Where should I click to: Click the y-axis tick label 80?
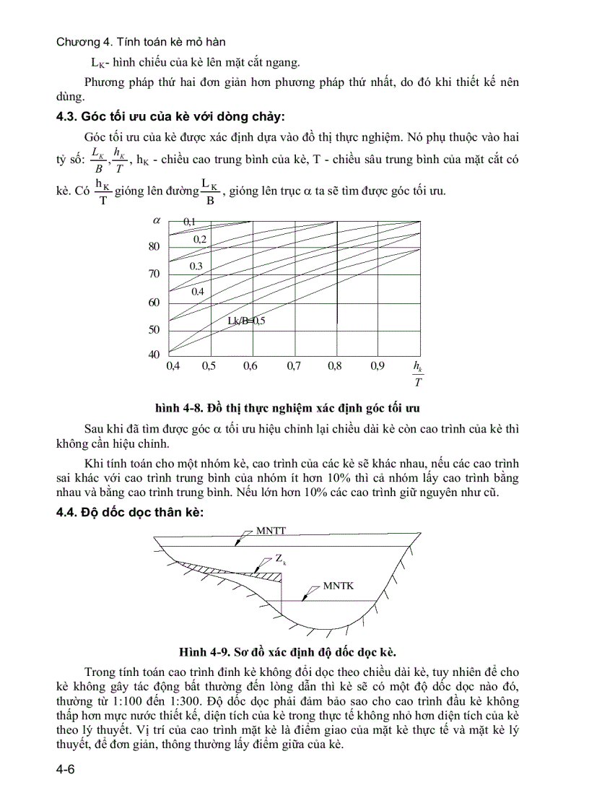click(153, 246)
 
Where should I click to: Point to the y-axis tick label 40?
click(153, 355)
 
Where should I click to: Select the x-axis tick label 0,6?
click(250, 366)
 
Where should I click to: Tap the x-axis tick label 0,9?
click(377, 366)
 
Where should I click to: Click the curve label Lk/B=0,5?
click(247, 321)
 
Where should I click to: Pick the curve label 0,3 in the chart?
click(196, 266)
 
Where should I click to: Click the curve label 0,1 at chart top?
click(189, 220)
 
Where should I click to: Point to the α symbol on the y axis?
click(154, 220)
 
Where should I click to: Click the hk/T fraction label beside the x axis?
click(418, 373)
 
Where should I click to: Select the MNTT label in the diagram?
click(271, 530)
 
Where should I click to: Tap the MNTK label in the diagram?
click(338, 586)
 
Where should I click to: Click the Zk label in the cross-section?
click(280, 559)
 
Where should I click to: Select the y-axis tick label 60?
click(153, 303)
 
